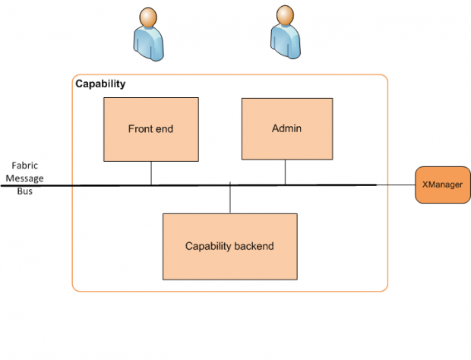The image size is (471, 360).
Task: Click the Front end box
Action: point(150,129)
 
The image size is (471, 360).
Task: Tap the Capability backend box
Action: point(229,246)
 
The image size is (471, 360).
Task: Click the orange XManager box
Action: point(442,185)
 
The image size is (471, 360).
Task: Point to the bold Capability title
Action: point(100,84)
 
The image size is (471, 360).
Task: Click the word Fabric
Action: point(25,165)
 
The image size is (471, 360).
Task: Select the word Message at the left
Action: point(25,178)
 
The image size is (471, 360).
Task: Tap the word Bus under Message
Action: point(25,191)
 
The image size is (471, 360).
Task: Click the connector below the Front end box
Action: point(151,172)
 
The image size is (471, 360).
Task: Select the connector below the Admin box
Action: point(286,172)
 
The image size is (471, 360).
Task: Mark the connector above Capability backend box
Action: point(229,199)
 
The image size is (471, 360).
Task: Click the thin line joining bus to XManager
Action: point(395,185)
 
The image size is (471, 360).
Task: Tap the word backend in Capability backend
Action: point(253,246)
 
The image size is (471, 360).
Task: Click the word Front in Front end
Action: point(139,129)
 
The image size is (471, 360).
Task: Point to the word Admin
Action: point(286,128)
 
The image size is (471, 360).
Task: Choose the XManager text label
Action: point(442,185)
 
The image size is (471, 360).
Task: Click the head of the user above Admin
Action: point(284,14)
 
